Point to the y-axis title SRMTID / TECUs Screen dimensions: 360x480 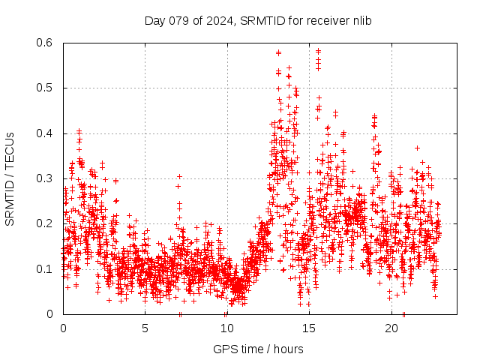point(10,178)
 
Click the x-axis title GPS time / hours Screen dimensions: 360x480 point(258,349)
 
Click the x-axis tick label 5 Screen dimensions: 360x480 point(145,328)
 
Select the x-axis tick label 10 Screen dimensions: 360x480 point(227,328)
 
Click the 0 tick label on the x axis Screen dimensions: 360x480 point(63,328)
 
